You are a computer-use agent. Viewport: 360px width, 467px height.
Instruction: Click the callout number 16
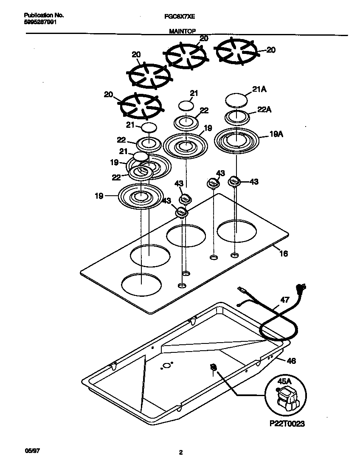point(284,254)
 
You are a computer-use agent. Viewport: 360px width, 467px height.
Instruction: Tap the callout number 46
point(291,361)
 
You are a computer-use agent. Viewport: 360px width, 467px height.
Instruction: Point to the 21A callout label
point(259,90)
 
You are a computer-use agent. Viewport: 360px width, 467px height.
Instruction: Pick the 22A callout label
point(264,110)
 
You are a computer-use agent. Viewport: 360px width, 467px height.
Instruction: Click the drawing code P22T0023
point(286,424)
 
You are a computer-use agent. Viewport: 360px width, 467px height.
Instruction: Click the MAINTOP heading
point(180,31)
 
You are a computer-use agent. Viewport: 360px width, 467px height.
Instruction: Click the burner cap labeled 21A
point(236,101)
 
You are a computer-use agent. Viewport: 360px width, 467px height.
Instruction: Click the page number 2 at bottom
point(180,453)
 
